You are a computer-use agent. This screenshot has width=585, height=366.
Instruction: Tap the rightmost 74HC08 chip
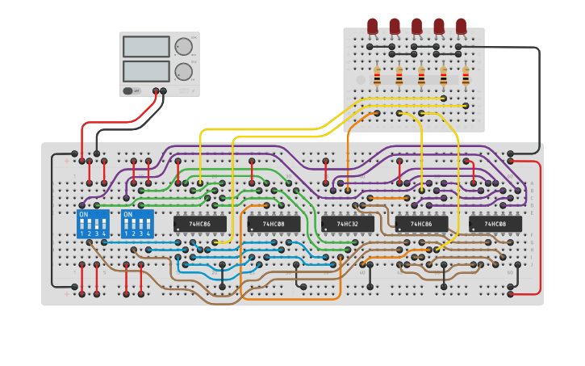(495, 224)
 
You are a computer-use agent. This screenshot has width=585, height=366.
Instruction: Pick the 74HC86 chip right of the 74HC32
(421, 224)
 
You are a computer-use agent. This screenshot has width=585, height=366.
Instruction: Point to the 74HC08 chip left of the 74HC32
(274, 224)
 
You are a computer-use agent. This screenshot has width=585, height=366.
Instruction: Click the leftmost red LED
(372, 26)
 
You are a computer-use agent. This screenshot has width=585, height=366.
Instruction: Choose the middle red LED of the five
(416, 26)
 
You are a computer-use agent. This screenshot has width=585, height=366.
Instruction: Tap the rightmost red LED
(461, 26)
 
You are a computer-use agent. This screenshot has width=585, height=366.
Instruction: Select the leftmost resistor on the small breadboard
(377, 77)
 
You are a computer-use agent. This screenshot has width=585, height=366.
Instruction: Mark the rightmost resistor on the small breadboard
(466, 77)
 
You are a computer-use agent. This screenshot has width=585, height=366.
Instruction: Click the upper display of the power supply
(146, 47)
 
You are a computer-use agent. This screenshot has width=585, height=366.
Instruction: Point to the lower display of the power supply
(146, 71)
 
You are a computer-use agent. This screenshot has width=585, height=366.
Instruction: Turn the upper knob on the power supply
(184, 46)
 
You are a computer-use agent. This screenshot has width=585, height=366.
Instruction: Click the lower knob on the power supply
(184, 71)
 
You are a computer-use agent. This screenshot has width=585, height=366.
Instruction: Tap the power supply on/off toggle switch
(129, 91)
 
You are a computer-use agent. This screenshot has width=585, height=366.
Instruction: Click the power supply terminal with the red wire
(155, 91)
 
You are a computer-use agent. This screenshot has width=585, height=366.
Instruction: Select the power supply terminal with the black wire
(164, 91)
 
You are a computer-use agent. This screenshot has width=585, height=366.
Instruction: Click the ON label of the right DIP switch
(127, 214)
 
